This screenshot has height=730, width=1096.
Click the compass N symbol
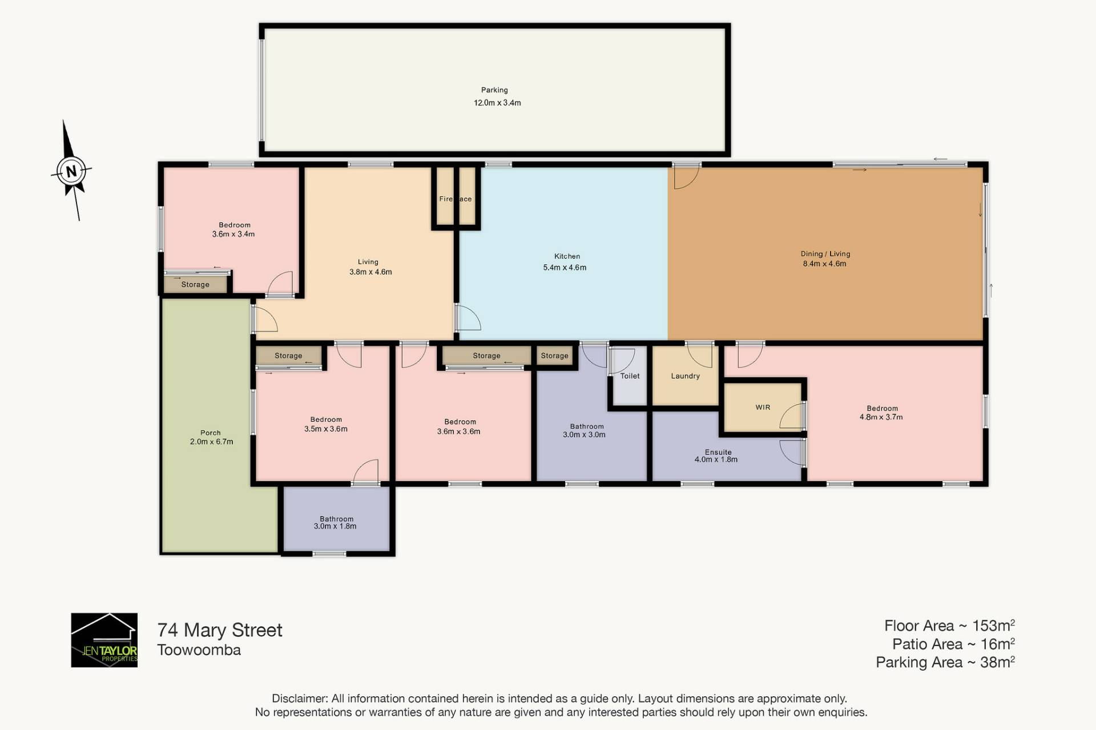71,171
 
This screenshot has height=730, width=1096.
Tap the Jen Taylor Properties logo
104,640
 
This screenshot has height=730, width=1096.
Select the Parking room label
494,90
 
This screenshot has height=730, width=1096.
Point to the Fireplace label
456,199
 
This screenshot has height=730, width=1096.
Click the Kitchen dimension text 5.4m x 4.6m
565,267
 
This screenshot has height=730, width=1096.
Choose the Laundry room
685,376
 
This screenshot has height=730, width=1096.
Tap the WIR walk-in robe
763,408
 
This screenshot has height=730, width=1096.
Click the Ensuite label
718,452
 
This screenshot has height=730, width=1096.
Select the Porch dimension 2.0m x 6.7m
211,442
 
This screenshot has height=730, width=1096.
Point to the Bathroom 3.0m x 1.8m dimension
335,526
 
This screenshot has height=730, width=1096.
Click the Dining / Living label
825,254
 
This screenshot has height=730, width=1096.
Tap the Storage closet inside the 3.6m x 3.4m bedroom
195,284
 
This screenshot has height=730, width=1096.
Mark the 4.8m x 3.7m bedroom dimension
881,417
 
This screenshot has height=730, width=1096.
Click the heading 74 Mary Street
220,630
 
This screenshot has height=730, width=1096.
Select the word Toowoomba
199,650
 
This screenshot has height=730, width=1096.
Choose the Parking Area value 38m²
997,662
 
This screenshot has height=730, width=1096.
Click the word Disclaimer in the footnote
300,699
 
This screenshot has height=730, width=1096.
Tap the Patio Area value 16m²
997,644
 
